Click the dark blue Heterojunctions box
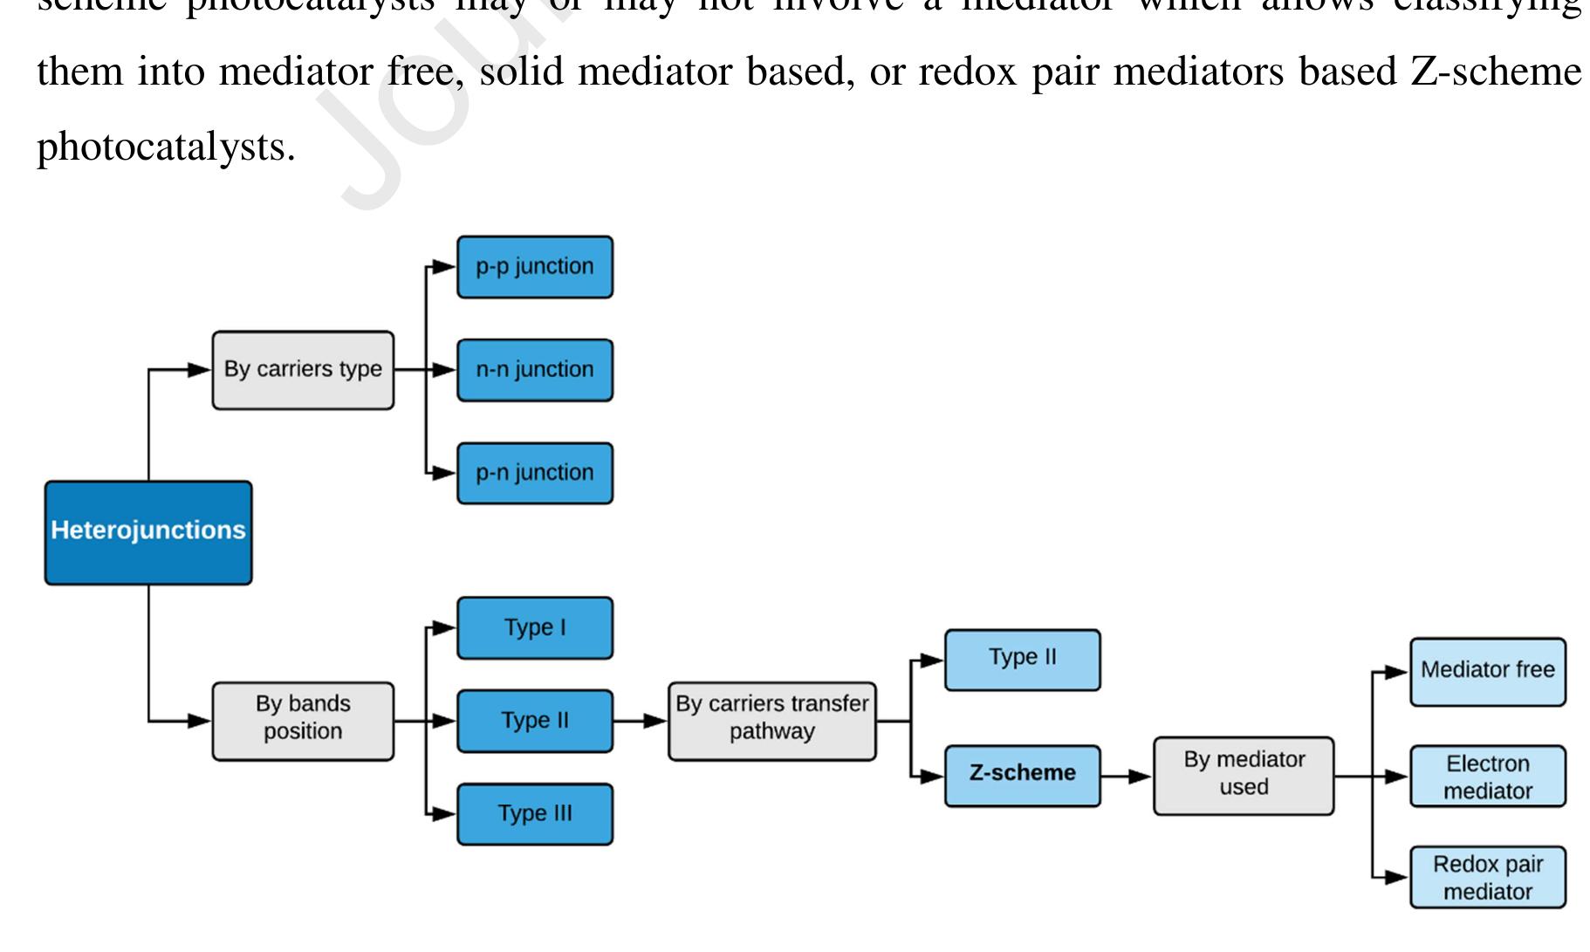[x=148, y=532]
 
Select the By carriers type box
[x=303, y=370]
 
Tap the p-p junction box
[x=535, y=267]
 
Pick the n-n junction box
[x=535, y=370]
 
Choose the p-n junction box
[x=535, y=473]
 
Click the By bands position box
[x=303, y=721]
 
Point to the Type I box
[x=535, y=628]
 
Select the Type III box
[x=535, y=814]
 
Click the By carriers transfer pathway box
[x=772, y=721]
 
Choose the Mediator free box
[x=1488, y=671]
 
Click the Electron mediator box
[x=1488, y=777]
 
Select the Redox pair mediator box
[x=1488, y=877]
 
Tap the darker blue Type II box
[x=535, y=721]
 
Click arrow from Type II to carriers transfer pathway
[x=641, y=721]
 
